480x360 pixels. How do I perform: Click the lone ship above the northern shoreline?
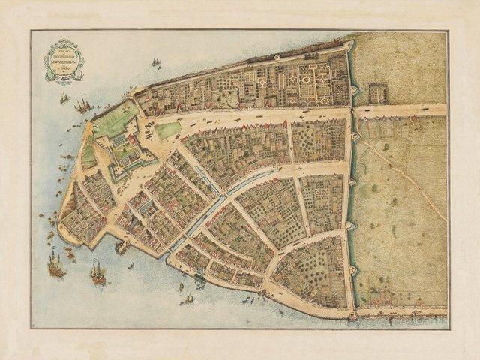click(x=156, y=63)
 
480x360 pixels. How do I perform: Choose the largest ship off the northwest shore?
click(x=83, y=105)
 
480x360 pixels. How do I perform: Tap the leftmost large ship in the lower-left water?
click(x=55, y=264)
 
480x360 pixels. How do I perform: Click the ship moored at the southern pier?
click(x=122, y=246)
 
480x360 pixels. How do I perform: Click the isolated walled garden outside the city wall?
click(x=378, y=92)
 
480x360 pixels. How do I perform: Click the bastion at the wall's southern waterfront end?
click(x=353, y=314)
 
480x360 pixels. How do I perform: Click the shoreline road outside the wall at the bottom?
click(x=401, y=310)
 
